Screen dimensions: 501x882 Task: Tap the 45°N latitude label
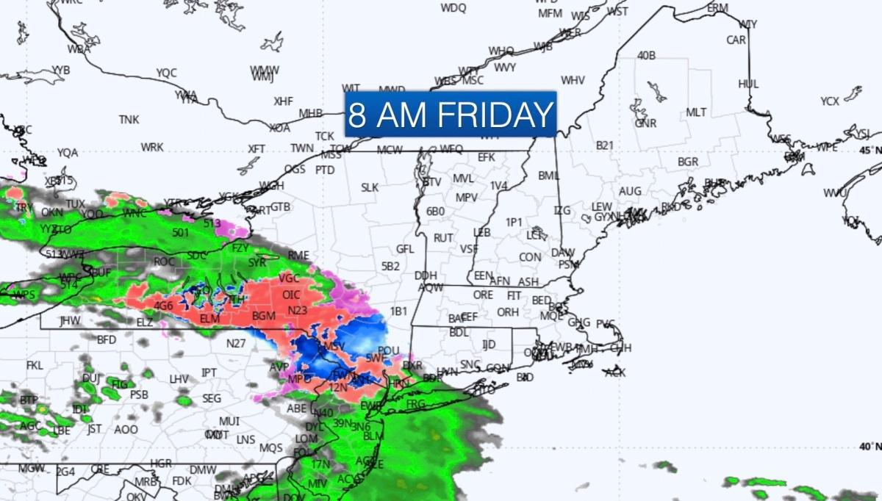tap(870, 150)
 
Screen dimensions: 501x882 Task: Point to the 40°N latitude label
tap(870, 447)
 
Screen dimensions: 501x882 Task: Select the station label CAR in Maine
tap(736, 40)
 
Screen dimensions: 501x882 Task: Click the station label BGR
tap(688, 162)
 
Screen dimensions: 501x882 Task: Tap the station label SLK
tap(369, 187)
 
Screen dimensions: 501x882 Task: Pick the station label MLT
tap(696, 112)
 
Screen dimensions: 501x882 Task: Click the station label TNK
tap(129, 119)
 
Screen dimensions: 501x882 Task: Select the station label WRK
tap(152, 147)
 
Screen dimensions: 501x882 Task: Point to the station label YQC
tap(167, 73)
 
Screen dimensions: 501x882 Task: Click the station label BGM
tap(263, 316)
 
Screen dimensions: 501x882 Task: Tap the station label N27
tap(235, 343)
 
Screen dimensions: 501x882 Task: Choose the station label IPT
tap(209, 373)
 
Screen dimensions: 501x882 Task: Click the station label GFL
tap(406, 249)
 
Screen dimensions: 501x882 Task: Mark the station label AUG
tap(630, 191)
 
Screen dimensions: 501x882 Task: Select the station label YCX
tap(830, 101)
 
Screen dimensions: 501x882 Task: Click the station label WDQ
tap(453, 8)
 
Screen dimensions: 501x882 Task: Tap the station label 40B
tap(646, 56)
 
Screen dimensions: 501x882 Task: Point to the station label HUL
tap(748, 84)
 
